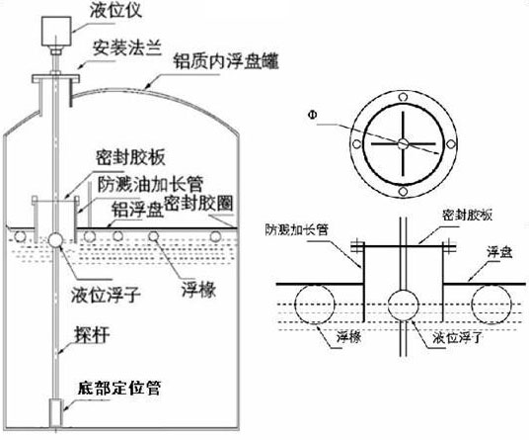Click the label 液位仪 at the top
(x=116, y=9)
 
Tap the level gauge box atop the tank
(x=56, y=31)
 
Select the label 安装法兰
(x=127, y=48)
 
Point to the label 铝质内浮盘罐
(x=226, y=62)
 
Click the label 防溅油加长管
(x=150, y=184)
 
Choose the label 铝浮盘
(x=137, y=210)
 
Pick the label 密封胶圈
(x=198, y=204)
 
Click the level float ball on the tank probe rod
(x=55, y=239)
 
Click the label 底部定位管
(x=119, y=389)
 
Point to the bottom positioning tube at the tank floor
(x=56, y=412)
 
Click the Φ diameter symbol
(x=313, y=115)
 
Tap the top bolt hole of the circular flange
(x=403, y=97)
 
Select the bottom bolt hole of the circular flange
(x=403, y=192)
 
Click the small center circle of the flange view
(x=403, y=144)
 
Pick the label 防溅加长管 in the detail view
(x=296, y=230)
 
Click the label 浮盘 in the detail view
(x=499, y=252)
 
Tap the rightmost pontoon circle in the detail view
(x=491, y=305)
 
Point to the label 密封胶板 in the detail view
(x=468, y=215)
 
